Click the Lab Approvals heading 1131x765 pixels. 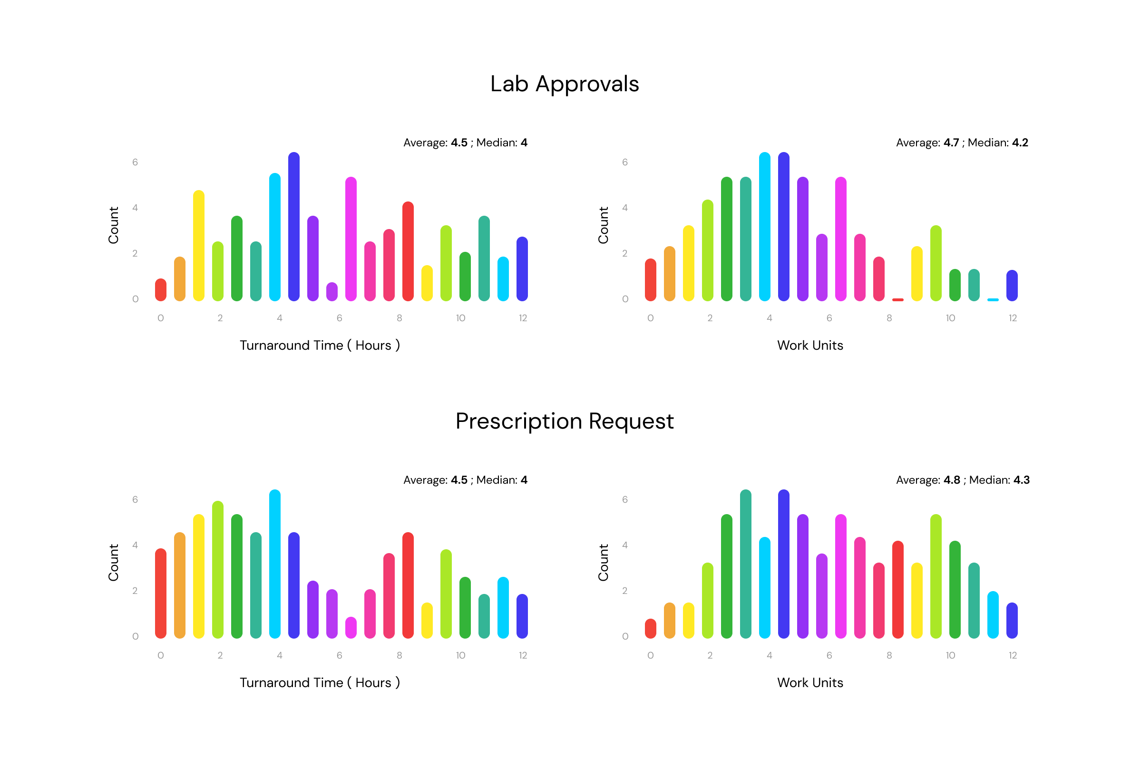(x=565, y=84)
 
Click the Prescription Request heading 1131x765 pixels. (x=565, y=421)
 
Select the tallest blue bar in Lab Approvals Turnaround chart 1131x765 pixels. (x=294, y=227)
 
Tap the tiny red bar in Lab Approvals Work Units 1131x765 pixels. (x=898, y=299)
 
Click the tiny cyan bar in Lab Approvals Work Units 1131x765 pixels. (x=993, y=299)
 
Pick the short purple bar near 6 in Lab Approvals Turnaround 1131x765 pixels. (x=332, y=292)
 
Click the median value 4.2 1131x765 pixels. (x=1020, y=143)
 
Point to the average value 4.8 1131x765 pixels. (x=951, y=480)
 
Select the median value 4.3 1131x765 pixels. (x=1022, y=480)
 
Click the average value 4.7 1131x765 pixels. (x=951, y=143)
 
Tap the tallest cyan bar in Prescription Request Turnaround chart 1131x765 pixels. (x=275, y=564)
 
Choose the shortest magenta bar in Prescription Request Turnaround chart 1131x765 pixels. (x=351, y=628)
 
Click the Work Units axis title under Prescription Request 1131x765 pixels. (x=810, y=683)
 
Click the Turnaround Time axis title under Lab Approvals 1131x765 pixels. (x=320, y=345)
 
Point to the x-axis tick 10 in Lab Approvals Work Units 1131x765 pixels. (x=950, y=318)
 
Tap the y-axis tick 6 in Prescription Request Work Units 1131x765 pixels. (x=625, y=499)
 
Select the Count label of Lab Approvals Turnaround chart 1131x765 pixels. (x=113, y=225)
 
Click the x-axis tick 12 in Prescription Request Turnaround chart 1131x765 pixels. (x=523, y=655)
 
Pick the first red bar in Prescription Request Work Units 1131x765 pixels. (x=651, y=629)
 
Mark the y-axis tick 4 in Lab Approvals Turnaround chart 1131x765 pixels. (x=135, y=208)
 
